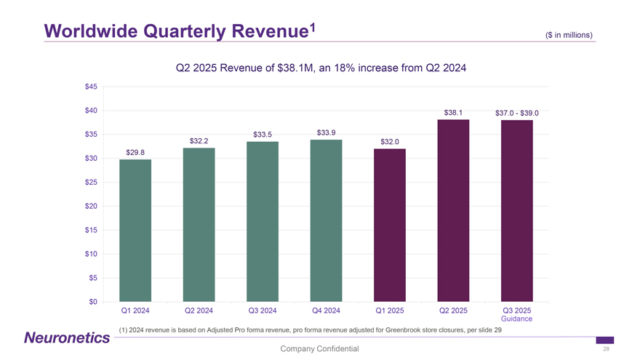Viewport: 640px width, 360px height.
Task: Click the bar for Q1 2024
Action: tap(135, 230)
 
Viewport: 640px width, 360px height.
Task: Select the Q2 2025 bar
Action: tap(453, 210)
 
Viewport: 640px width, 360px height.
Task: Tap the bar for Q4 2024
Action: tap(326, 220)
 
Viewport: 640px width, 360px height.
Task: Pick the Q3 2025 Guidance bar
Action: tap(516, 210)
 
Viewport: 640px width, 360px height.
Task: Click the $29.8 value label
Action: tap(135, 152)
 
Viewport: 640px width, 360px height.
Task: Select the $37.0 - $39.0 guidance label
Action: tap(516, 113)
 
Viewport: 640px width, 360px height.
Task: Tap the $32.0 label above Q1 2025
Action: tap(389, 141)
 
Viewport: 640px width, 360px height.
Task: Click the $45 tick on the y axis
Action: tap(91, 87)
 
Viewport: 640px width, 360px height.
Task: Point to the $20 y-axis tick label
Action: tap(91, 207)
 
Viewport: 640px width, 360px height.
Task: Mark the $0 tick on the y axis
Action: tap(93, 302)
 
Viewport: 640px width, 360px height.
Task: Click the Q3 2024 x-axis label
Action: tap(263, 311)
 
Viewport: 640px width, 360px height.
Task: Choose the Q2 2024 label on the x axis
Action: tap(199, 311)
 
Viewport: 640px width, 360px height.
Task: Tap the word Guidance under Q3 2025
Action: tap(516, 319)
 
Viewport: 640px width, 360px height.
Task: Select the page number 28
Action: tap(606, 349)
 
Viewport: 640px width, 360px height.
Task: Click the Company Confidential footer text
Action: tap(319, 349)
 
